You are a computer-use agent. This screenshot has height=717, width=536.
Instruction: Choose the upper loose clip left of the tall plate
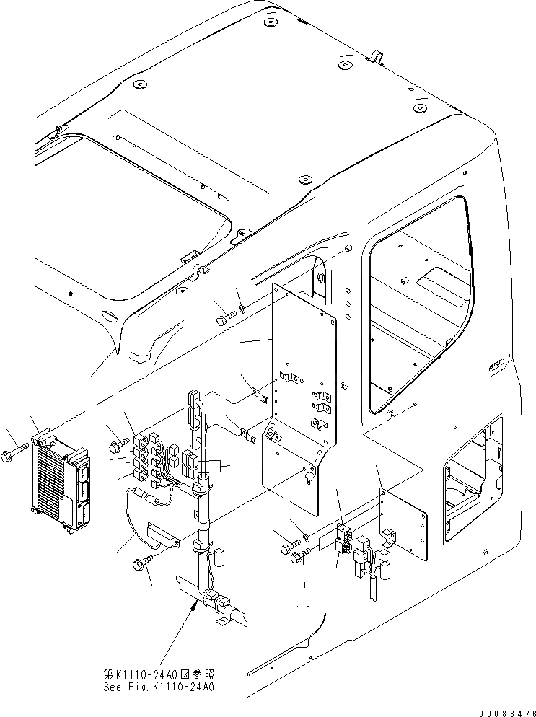coord(256,394)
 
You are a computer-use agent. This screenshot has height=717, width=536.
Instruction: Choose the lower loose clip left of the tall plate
coord(249,434)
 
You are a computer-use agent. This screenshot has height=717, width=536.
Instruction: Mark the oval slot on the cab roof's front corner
coord(112,314)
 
